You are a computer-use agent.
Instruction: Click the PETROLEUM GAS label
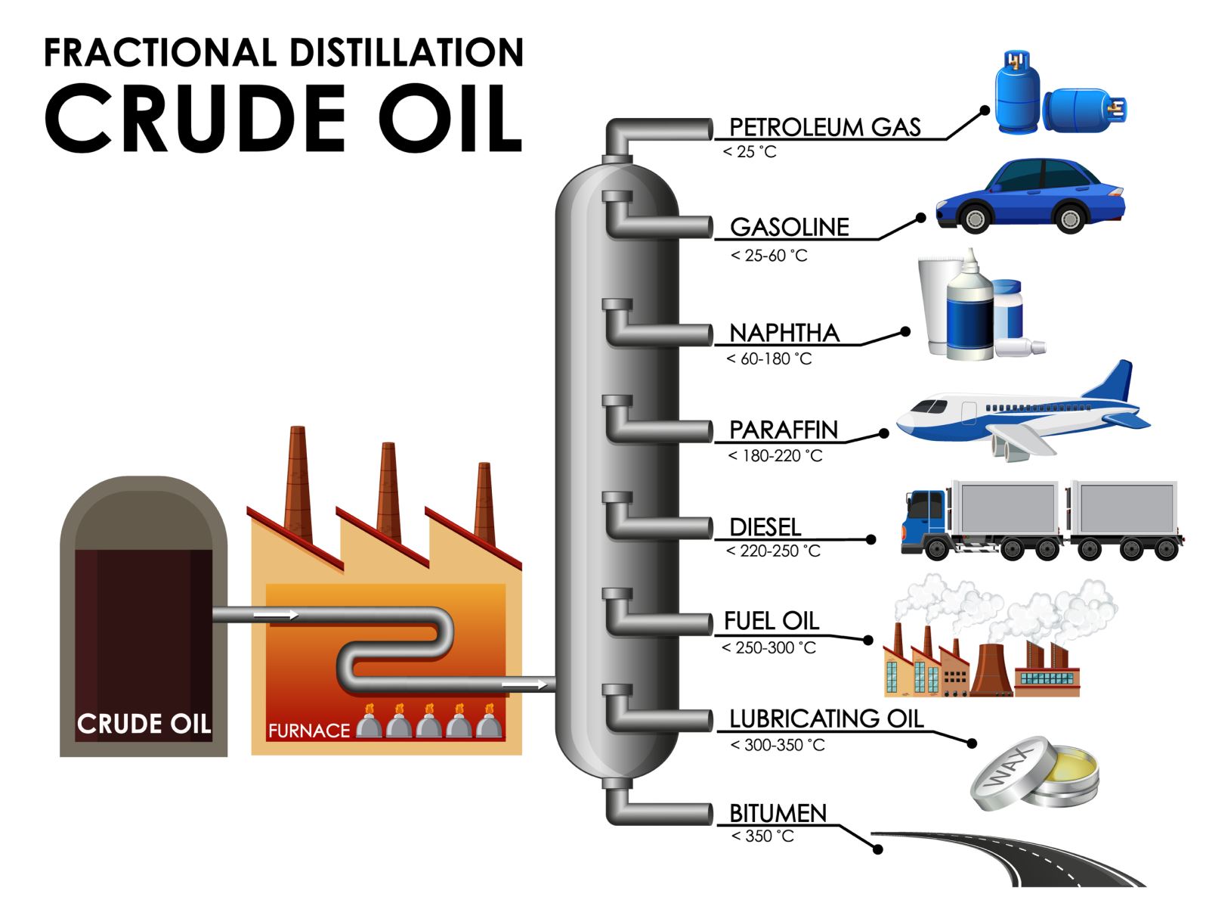pos(824,127)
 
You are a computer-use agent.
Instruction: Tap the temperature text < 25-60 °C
pos(768,256)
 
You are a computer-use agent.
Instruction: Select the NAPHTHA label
pos(784,333)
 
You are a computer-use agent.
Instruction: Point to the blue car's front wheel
pos(975,219)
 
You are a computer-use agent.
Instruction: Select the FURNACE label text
pos(309,731)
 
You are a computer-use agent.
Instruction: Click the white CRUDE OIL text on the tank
pos(144,724)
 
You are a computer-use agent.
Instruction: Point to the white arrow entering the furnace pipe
pos(275,615)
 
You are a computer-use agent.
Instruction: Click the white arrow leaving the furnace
pos(524,684)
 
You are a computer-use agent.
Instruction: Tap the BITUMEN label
pos(778,813)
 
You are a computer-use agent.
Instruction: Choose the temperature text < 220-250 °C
pos(773,551)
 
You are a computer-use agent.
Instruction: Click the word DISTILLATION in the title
pos(407,53)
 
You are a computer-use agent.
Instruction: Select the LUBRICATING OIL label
pos(826,718)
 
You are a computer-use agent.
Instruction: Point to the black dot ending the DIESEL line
pos(871,539)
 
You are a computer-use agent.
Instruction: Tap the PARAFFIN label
pos(784,430)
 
